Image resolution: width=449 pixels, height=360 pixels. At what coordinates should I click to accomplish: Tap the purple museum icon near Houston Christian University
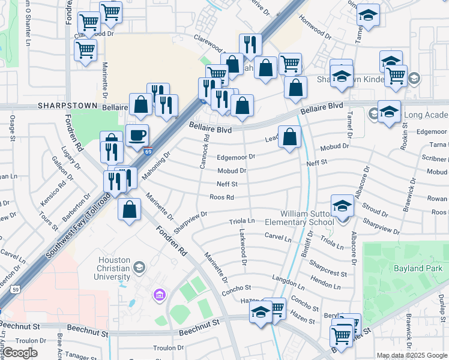click(160, 294)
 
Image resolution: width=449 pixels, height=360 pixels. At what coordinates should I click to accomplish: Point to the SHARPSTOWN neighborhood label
click(67, 105)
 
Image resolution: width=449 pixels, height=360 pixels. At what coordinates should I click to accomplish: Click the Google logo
click(20, 353)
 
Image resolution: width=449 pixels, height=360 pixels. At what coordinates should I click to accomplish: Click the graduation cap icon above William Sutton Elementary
click(342, 206)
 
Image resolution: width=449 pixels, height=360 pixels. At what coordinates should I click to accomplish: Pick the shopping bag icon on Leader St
click(289, 137)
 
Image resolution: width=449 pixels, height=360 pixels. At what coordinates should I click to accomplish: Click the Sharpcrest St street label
click(328, 268)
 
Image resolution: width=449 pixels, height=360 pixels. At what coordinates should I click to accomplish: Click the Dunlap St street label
click(441, 311)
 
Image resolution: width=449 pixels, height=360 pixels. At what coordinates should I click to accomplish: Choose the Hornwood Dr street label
click(316, 30)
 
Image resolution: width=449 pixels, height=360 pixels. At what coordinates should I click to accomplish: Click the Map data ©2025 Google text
click(411, 355)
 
